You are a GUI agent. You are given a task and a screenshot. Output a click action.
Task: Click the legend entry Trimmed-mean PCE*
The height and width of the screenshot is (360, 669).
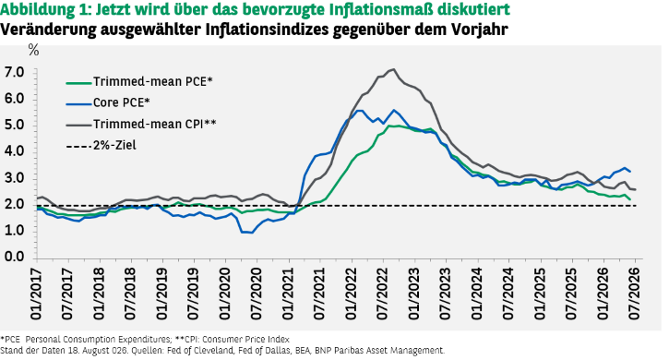(153, 81)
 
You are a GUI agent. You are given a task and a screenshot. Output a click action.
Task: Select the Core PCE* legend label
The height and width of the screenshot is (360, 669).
(122, 102)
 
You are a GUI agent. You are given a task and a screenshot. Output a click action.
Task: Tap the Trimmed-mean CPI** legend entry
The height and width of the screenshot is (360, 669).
(155, 124)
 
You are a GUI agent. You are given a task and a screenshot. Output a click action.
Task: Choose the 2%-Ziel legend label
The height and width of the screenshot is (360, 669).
(114, 145)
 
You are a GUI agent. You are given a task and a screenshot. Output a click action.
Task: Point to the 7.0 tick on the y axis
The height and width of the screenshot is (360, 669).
(14, 73)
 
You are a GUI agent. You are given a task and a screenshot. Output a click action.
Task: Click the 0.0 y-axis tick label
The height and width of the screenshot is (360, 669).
(14, 258)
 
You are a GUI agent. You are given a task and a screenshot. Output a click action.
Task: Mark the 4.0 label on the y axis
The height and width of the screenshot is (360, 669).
(14, 151)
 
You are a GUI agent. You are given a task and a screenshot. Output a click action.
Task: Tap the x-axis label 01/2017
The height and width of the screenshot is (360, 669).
(36, 294)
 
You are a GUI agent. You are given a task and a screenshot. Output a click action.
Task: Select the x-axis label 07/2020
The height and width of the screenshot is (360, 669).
(257, 294)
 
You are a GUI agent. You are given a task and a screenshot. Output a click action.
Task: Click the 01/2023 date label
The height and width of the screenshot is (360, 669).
(414, 294)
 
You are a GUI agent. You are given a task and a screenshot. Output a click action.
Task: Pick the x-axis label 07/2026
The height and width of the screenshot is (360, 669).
(635, 294)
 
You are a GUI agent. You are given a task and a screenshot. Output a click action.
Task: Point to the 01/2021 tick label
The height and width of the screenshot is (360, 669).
(288, 294)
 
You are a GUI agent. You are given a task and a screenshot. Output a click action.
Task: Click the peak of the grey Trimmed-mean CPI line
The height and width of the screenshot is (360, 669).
(393, 69)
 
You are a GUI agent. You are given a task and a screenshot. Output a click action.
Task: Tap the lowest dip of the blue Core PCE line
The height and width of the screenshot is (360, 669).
(252, 233)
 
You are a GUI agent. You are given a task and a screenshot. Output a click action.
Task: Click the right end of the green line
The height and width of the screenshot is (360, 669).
(630, 199)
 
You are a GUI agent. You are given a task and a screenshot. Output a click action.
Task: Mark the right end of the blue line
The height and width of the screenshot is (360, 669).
(630, 172)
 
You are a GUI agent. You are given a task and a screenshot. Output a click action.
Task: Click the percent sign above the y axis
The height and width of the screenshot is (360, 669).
(33, 51)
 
